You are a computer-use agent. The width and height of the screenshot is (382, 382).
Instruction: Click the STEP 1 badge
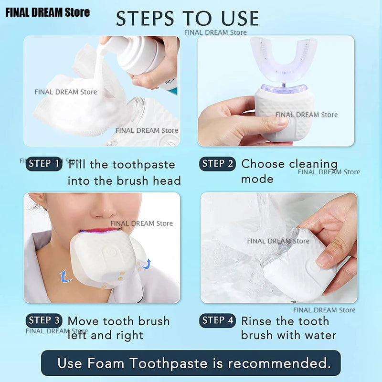point(44,164)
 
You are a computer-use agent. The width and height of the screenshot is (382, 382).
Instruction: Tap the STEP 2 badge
point(218,164)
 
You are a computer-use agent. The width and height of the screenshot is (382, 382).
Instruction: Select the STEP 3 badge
point(44,320)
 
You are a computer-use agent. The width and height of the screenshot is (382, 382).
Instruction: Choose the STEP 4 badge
point(218,320)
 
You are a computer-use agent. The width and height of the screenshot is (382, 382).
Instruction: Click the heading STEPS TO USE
point(188,19)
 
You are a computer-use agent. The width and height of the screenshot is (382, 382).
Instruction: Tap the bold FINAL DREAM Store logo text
point(47,12)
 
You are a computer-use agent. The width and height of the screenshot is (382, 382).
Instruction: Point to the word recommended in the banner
point(279,363)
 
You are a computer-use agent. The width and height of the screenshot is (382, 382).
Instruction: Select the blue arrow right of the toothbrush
point(146,263)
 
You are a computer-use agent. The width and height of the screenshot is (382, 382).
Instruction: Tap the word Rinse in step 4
point(258,321)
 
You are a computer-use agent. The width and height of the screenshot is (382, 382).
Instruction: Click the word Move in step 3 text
point(84,321)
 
